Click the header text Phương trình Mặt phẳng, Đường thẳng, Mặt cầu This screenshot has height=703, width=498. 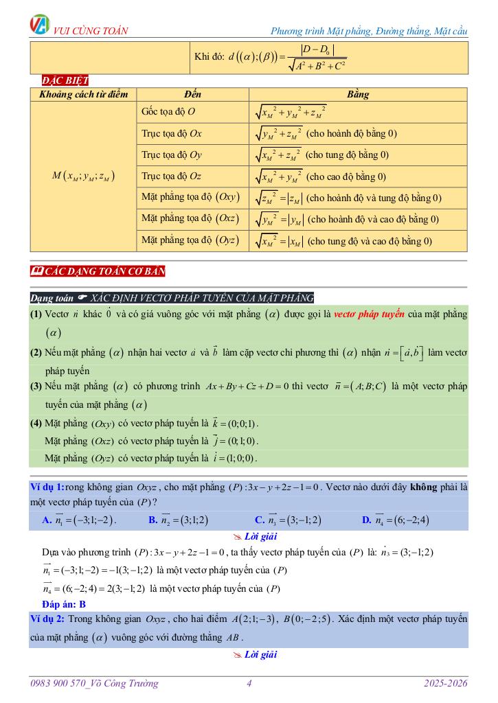(369, 31)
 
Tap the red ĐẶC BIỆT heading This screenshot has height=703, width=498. (60, 80)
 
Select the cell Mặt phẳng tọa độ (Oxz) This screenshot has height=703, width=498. (190, 219)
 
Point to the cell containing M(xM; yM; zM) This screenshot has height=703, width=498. (83, 176)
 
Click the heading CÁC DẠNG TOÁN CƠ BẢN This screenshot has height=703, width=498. (98, 271)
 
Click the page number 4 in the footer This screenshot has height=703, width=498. (249, 683)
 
